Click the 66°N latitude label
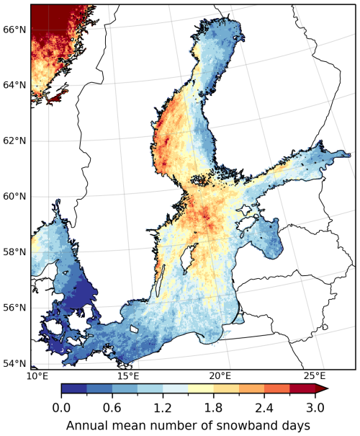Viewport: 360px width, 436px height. click(x=14, y=29)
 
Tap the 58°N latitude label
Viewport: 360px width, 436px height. click(x=14, y=252)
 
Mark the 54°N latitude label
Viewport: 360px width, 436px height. click(x=14, y=363)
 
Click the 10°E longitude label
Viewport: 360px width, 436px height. click(x=37, y=376)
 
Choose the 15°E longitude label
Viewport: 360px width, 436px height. click(x=128, y=376)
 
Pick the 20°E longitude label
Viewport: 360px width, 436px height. click(x=220, y=376)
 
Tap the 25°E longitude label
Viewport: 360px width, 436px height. click(x=314, y=376)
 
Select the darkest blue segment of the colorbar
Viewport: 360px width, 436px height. click(x=73, y=388)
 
